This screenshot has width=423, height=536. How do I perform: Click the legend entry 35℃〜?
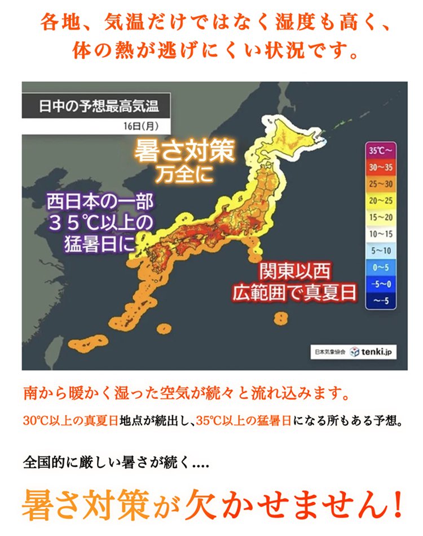click(x=381, y=151)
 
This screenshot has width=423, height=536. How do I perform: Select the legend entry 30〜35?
click(x=381, y=168)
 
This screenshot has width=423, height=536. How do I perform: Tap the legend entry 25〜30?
click(x=381, y=184)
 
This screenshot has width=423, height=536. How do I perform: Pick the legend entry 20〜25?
click(x=381, y=201)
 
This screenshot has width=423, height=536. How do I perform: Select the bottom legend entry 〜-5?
click(x=381, y=301)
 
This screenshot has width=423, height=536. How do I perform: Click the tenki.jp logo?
click(x=373, y=352)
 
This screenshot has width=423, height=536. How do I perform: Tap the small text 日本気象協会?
click(x=329, y=352)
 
